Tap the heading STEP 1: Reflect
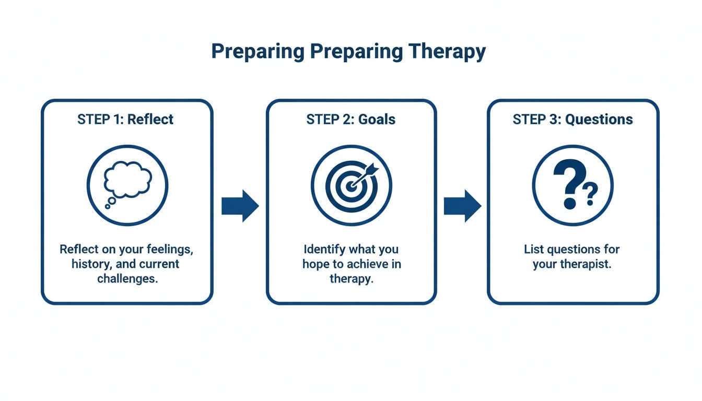125,119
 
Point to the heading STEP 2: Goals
350,119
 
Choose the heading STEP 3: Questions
572,119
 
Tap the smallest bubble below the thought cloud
108,207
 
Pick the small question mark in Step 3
590,194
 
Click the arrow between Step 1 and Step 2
240,206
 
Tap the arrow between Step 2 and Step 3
462,206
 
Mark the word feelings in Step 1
168,249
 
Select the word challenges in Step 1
127,278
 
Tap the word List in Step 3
534,249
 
